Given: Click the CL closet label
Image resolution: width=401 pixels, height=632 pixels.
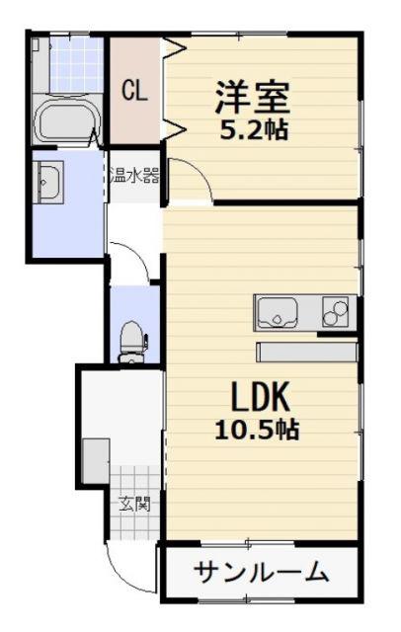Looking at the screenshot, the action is point(135,91).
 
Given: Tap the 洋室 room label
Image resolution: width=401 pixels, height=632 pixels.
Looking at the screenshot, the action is point(253,97).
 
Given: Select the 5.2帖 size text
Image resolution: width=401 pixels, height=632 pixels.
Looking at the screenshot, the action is point(254,129).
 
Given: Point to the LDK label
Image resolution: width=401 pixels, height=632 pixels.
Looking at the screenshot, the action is point(260,397).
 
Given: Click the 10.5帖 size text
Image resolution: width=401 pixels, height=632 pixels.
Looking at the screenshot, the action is point(257,430).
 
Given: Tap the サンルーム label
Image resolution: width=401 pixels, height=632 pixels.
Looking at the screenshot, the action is point(261,572).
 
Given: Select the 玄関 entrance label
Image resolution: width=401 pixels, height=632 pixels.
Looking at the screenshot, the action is point(134,504).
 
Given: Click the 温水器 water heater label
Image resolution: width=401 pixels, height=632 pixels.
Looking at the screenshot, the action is point(134,176).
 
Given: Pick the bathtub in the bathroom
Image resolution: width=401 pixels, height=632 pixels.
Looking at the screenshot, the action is point(66,120).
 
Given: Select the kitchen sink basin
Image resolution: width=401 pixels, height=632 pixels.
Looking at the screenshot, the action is point(278,313).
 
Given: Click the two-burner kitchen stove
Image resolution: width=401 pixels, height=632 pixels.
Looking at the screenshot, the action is point(335,312).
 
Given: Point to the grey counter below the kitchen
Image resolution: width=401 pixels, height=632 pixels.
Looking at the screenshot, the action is point(307,352).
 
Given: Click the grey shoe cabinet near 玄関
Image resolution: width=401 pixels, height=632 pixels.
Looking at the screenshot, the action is point(96,461).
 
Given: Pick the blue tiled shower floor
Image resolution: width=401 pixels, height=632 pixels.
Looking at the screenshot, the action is point(77,65).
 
